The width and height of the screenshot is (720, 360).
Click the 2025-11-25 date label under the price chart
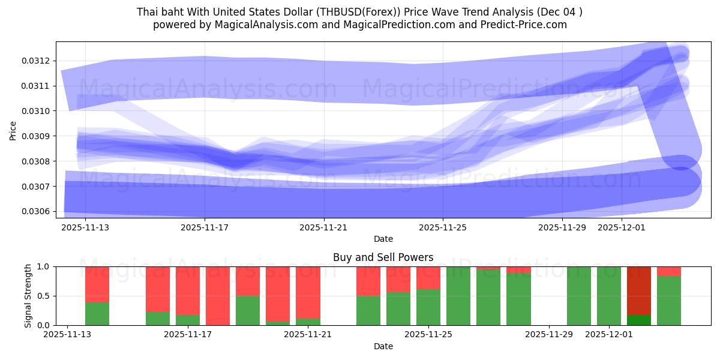click(443, 227)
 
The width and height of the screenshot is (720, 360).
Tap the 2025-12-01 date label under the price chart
click(622, 227)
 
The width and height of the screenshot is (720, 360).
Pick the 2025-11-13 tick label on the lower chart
click(68, 335)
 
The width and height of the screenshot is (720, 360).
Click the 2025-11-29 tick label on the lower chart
click(549, 335)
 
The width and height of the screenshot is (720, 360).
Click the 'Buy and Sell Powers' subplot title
click(383, 257)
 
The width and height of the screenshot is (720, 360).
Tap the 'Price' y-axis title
click(13, 130)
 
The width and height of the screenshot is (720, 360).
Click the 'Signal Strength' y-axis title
click(28, 296)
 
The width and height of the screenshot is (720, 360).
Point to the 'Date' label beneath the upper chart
click(383, 239)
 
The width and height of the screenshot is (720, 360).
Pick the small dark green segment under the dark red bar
click(639, 320)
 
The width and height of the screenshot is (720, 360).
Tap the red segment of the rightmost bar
click(669, 271)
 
